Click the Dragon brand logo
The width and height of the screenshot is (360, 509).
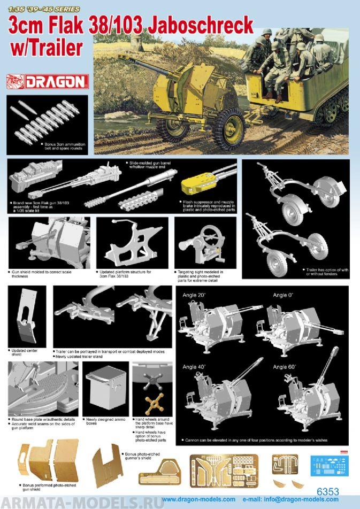coord(47,82)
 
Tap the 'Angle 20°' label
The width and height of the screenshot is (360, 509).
coord(195,295)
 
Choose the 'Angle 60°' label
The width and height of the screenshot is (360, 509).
coord(285,367)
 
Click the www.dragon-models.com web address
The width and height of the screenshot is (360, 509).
coord(198,499)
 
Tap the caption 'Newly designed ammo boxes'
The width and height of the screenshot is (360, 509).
coord(105,422)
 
